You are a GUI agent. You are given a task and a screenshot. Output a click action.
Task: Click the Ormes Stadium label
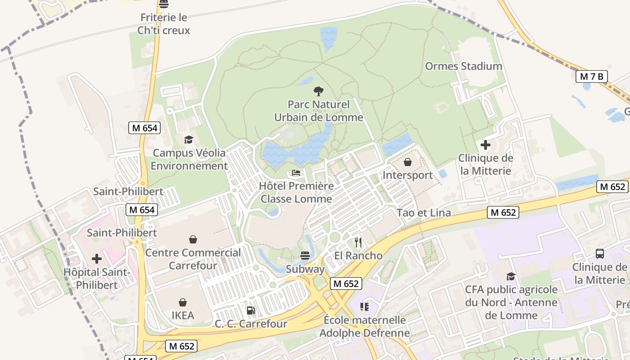463,66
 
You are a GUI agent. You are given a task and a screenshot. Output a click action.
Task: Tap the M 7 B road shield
591,76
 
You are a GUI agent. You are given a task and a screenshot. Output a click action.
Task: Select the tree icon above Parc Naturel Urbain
319,91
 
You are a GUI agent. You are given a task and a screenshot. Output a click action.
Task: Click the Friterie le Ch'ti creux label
164,24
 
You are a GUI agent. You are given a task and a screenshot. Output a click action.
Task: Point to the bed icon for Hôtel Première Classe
296,173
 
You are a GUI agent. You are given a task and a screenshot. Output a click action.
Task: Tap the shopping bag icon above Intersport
408,162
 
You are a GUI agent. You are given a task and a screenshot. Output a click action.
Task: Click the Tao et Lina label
423,213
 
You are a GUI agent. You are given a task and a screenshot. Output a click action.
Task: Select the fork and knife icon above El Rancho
358,243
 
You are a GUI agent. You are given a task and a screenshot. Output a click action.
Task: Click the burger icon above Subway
305,256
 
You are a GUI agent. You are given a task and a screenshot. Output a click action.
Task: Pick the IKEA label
183,315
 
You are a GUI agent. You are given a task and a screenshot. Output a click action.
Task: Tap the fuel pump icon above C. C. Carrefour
251,310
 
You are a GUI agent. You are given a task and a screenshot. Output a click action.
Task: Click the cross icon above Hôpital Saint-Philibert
97,259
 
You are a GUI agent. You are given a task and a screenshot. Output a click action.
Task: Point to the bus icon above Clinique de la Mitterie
600,254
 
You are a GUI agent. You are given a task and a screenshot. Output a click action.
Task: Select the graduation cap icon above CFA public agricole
511,276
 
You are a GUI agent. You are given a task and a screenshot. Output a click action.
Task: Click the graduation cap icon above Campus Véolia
188,140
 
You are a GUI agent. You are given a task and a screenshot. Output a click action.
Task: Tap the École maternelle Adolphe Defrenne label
364,327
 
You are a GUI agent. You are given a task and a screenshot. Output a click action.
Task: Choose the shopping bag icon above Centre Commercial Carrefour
193,239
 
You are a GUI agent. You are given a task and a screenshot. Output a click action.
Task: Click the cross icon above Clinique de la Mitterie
486,145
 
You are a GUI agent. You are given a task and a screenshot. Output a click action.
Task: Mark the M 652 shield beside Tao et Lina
503,212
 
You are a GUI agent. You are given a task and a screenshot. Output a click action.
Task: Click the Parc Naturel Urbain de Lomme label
319,111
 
